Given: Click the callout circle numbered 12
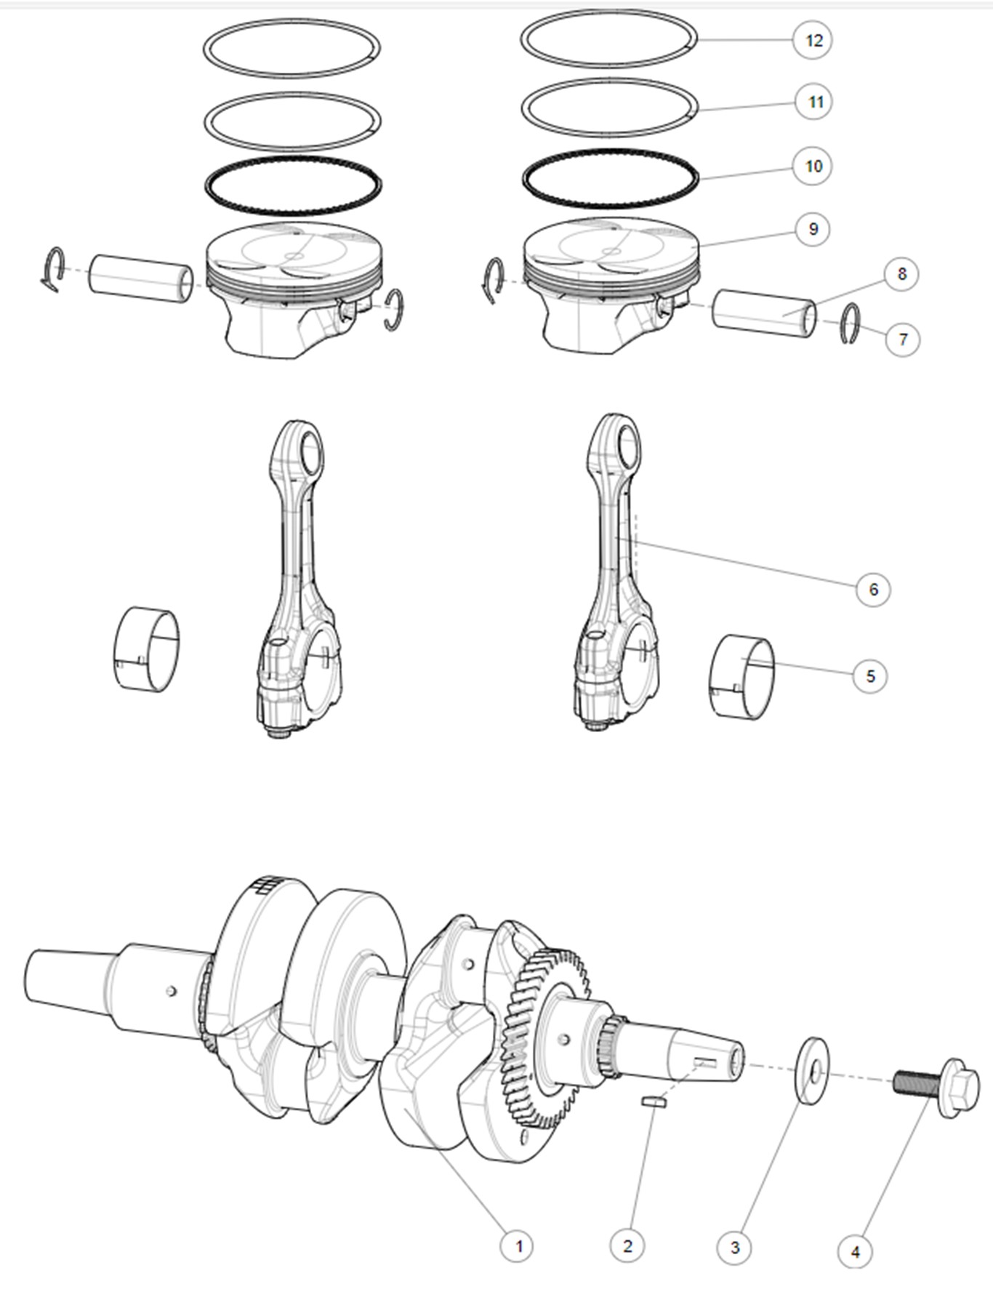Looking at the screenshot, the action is tap(813, 40).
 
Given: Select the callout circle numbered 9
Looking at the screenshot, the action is tap(812, 229).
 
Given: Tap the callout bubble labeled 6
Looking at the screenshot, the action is tap(872, 589).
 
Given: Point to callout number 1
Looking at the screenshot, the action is tap(518, 1246).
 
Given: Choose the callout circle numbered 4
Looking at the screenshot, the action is tap(855, 1251).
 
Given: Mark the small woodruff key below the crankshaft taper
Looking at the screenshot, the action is tap(654, 1102).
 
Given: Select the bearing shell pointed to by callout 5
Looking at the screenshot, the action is tap(741, 678).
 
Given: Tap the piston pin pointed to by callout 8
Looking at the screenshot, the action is tap(764, 313).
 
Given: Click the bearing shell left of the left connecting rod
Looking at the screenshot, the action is tap(148, 648).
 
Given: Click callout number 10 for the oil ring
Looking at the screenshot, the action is tap(813, 166).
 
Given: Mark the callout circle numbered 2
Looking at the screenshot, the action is tap(627, 1246).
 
